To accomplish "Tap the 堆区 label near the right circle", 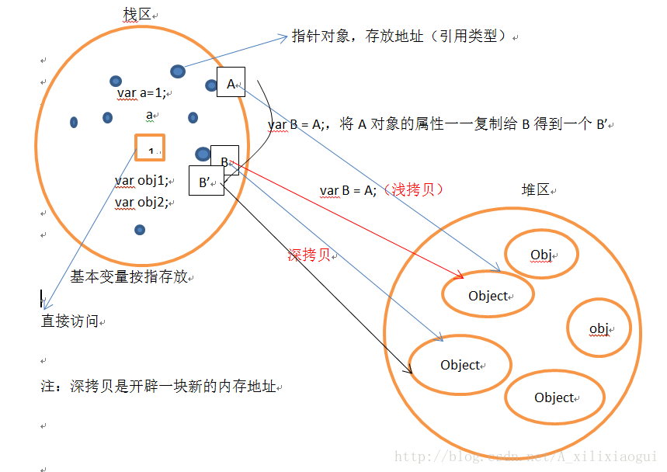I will [x=535, y=190].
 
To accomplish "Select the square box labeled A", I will [x=231, y=82].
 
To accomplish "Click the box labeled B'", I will [x=206, y=182].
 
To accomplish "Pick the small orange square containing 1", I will [x=149, y=147].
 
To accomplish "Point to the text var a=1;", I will [x=141, y=92].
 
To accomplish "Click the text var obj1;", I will [x=142, y=181].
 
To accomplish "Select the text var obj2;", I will [x=142, y=202].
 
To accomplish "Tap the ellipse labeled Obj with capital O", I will [x=541, y=255].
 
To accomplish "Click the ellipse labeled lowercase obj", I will [x=599, y=328].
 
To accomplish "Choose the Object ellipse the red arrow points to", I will [x=488, y=295].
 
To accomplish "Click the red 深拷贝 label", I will [x=309, y=255].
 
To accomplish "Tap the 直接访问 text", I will [x=69, y=321].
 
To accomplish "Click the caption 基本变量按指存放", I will [x=129, y=276].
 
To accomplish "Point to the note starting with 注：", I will [x=158, y=386].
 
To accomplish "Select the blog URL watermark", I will [x=526, y=457].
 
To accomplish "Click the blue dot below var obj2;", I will [x=140, y=230].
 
